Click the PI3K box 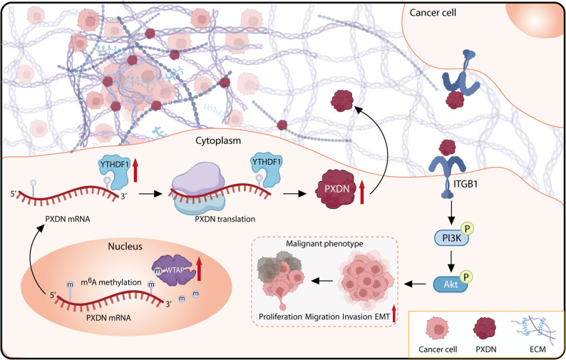[x=451, y=238]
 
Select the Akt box [x=451, y=284]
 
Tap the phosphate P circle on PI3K [x=467, y=229]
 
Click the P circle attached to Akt [x=466, y=277]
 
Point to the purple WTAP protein [x=173, y=270]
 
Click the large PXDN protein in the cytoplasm [x=336, y=188]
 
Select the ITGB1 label [x=465, y=184]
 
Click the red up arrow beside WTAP [x=199, y=268]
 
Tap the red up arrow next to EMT [x=393, y=313]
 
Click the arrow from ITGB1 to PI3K [x=451, y=214]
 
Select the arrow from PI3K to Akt [x=451, y=262]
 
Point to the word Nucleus [x=125, y=247]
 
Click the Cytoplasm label [x=218, y=140]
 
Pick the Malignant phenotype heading [x=324, y=243]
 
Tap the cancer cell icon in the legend [x=438, y=329]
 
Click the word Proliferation [x=280, y=317]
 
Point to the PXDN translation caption [x=225, y=219]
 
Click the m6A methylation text [x=110, y=282]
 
